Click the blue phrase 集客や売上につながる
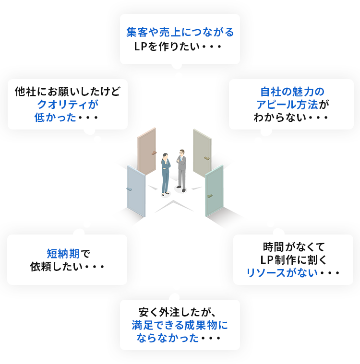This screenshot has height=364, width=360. coord(180,33)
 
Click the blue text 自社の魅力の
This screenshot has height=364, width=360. coord(292,91)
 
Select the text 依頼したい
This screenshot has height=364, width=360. coord(54,267)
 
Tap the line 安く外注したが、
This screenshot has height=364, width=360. coord(180,313)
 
